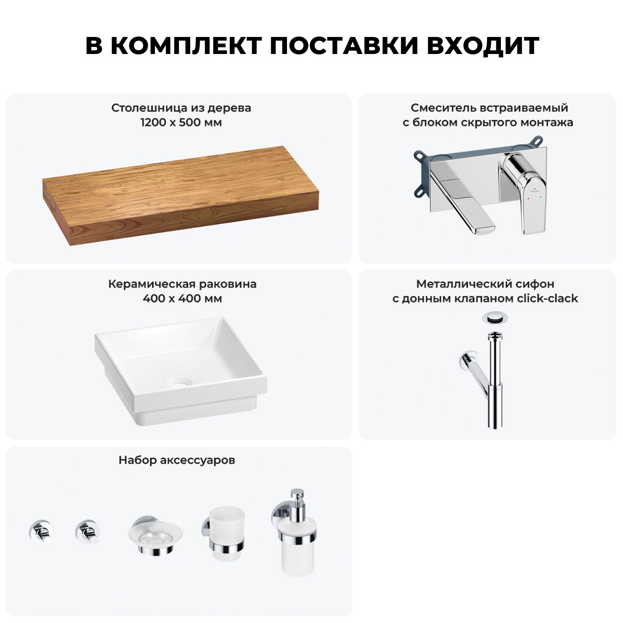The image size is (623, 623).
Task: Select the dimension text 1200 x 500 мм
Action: coord(181,123)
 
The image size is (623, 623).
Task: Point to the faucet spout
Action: coord(464,199)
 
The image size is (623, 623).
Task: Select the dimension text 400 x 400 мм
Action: coord(182,299)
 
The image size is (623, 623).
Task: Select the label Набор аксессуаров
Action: coord(177,460)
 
